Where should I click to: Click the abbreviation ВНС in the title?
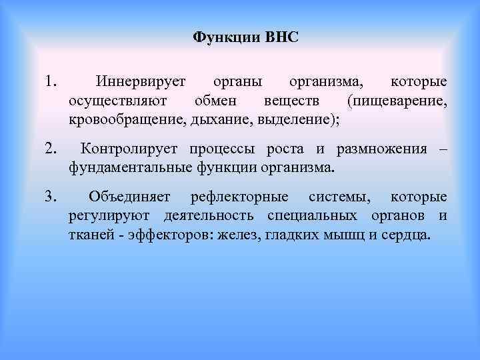tap(281, 36)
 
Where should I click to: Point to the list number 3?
tap(50, 197)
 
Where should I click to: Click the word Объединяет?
tap(129, 197)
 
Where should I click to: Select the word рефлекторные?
tap(239, 197)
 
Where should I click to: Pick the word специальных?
tap(313, 216)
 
